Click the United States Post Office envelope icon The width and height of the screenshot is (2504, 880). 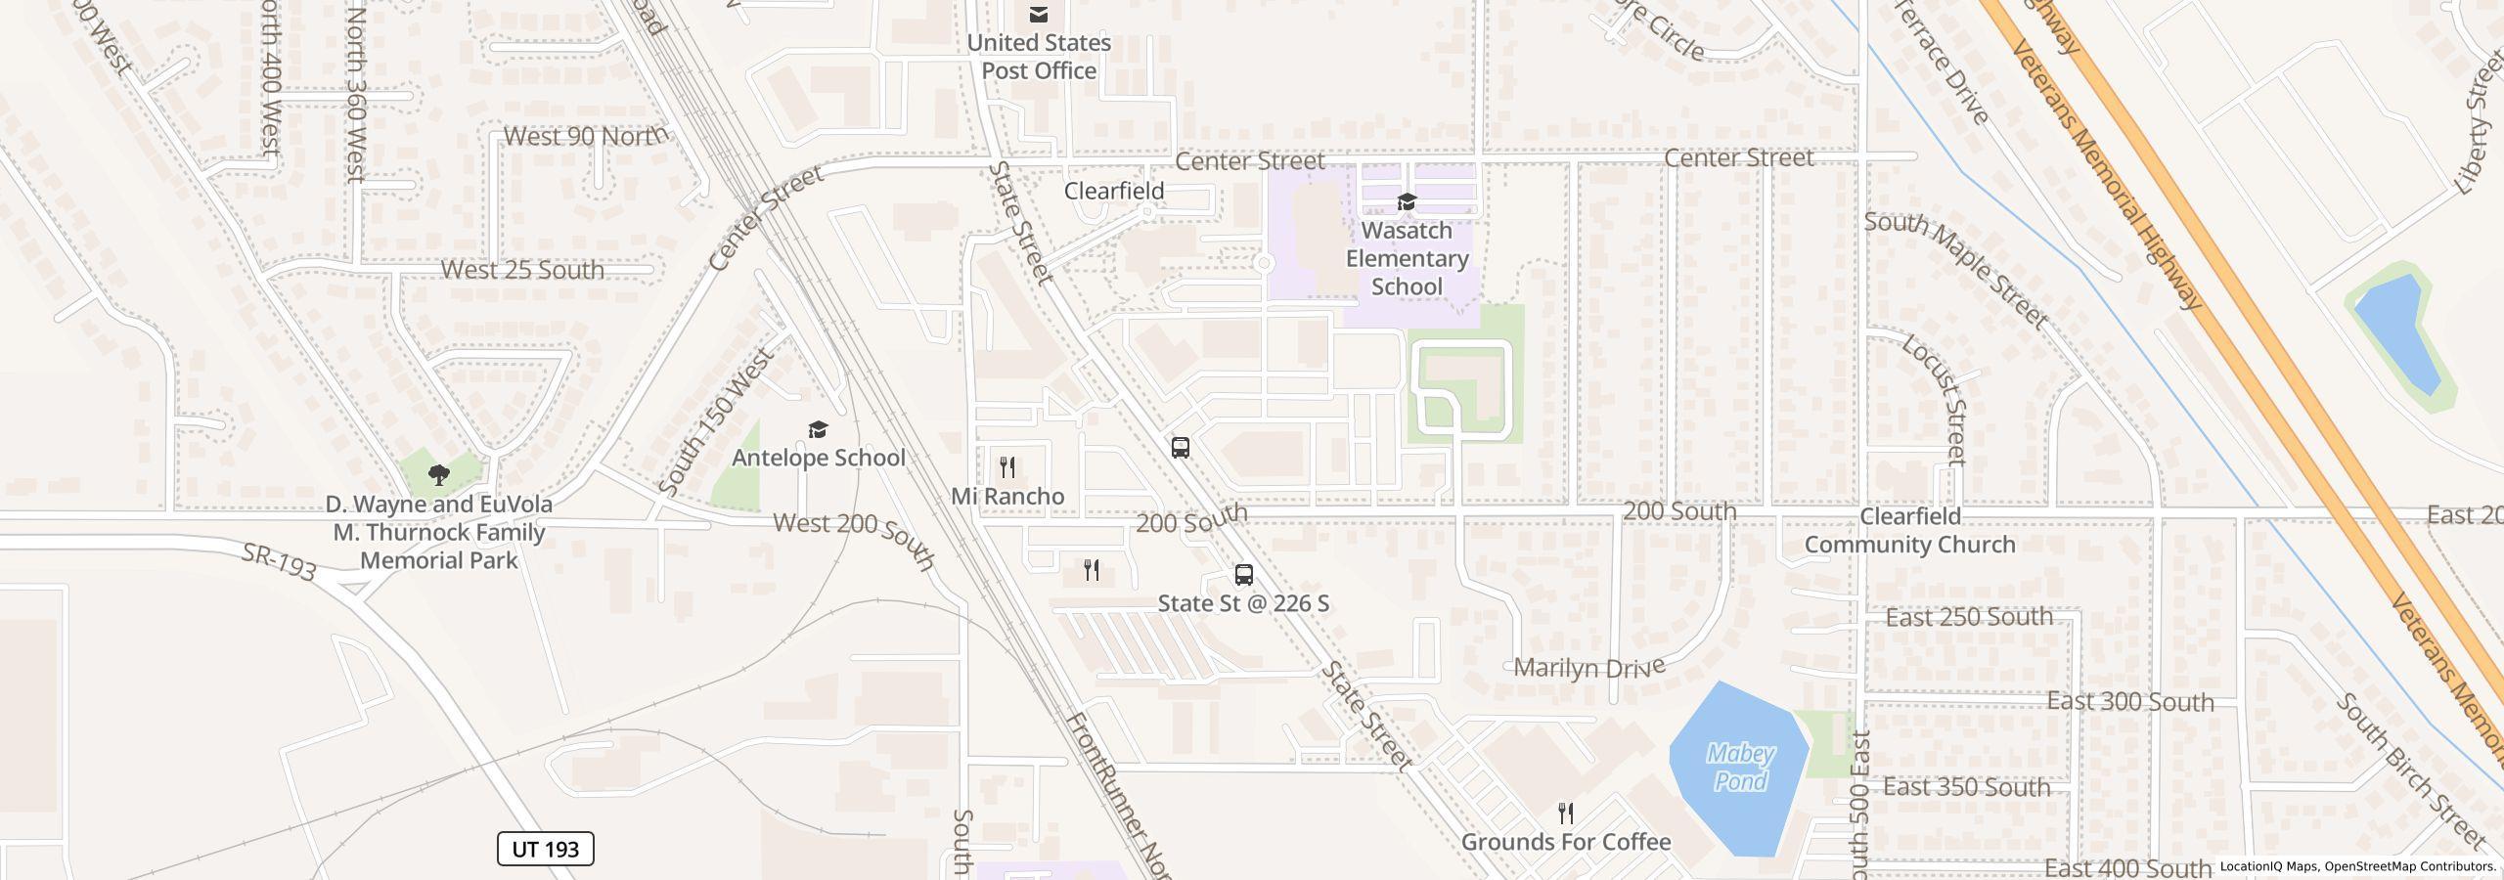click(1039, 15)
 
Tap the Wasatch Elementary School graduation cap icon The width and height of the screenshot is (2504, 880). click(1407, 201)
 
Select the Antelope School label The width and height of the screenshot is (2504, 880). click(819, 458)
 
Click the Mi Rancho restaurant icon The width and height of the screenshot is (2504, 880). click(1007, 467)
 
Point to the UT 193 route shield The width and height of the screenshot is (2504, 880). click(546, 849)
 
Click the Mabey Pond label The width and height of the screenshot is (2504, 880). click(1740, 768)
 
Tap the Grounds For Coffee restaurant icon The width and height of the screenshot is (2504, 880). click(1566, 813)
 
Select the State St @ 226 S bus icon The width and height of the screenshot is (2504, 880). click(1243, 574)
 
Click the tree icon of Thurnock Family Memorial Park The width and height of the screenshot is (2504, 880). click(439, 475)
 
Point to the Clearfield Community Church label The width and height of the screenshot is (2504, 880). click(1909, 531)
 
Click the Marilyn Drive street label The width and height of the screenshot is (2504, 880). click(1588, 668)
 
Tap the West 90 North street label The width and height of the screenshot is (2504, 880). click(586, 136)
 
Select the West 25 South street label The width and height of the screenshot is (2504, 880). click(522, 270)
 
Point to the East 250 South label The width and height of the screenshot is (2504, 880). click(1968, 617)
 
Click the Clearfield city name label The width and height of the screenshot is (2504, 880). click(1114, 191)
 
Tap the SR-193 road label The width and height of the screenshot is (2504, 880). click(280, 562)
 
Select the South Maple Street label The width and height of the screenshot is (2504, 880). click(1956, 269)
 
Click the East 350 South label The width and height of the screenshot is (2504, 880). click(1966, 787)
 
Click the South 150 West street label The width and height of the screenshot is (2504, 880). click(716, 420)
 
